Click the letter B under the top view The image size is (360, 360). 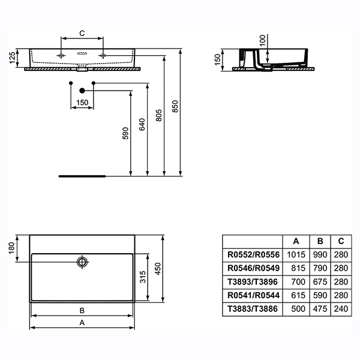[x=82, y=310]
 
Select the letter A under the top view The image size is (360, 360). [x=82, y=322]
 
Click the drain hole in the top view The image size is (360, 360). [x=82, y=261]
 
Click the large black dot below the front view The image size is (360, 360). [x=82, y=90]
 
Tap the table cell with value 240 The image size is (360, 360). [x=340, y=309]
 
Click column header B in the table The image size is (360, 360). [x=319, y=241]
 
